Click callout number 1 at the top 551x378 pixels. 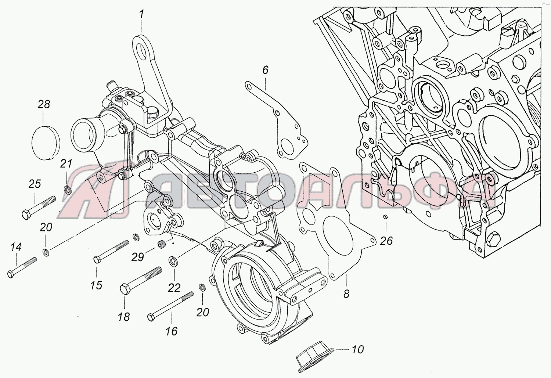[x=141, y=15]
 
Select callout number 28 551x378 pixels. [x=43, y=105]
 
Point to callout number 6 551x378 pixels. [x=265, y=70]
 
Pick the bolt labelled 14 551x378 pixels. [x=22, y=267]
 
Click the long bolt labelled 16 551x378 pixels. [x=171, y=306]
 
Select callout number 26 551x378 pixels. [x=386, y=241]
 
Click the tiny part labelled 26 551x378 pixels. [x=385, y=217]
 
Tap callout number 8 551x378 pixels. [x=346, y=294]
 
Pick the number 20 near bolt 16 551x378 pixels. [x=202, y=312]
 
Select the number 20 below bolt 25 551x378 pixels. [x=46, y=227]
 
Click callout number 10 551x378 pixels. [x=357, y=349]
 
